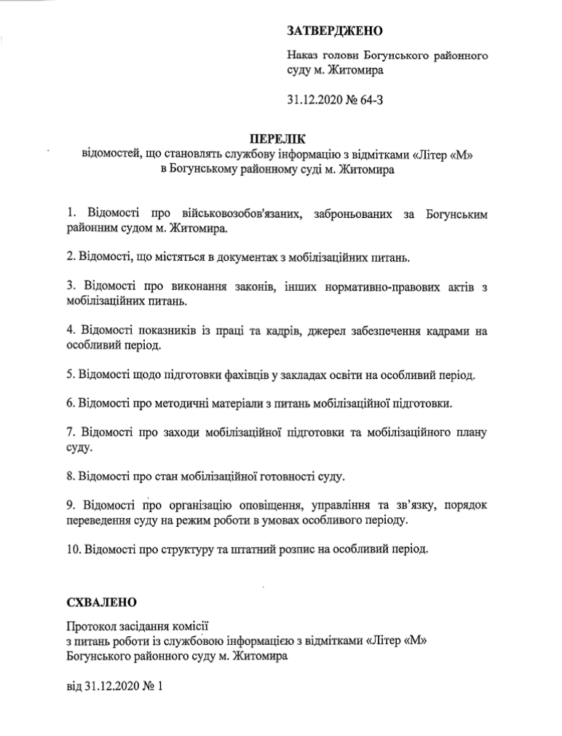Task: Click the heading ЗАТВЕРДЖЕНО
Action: [334, 30]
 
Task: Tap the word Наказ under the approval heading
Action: [303, 55]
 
